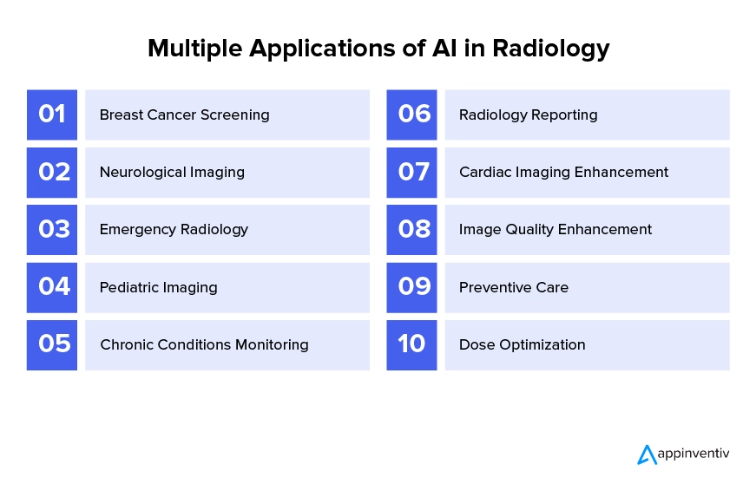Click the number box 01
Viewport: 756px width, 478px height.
(52, 115)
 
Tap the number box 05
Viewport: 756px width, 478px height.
(52, 345)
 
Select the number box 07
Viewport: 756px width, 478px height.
(411, 173)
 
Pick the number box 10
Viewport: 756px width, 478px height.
(411, 345)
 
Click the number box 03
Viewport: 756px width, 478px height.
(52, 230)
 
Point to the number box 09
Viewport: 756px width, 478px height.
(411, 288)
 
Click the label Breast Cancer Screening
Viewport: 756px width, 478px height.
(185, 115)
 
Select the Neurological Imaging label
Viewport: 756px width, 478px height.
(172, 173)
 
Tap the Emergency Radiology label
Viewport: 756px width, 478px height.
(174, 230)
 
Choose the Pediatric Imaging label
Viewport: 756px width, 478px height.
(159, 288)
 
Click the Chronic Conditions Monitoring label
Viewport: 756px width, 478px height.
(205, 345)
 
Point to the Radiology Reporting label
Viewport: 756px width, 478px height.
(529, 115)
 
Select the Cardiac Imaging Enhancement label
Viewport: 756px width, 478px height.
(563, 173)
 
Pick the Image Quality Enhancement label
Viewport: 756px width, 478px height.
(555, 230)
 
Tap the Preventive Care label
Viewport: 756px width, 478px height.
(514, 288)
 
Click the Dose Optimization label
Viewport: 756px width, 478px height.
(523, 345)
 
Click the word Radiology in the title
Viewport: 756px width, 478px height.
(551, 49)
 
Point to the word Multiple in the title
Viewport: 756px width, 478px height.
(194, 49)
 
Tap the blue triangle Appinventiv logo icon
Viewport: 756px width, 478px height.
(647, 455)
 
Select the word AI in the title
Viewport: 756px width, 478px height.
(444, 49)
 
